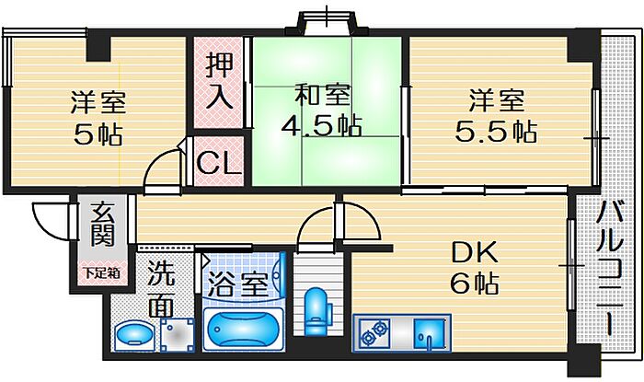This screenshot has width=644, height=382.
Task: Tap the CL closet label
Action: (220, 164)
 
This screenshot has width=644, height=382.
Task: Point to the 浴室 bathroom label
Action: (238, 284)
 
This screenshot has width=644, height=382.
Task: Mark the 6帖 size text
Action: (474, 283)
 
